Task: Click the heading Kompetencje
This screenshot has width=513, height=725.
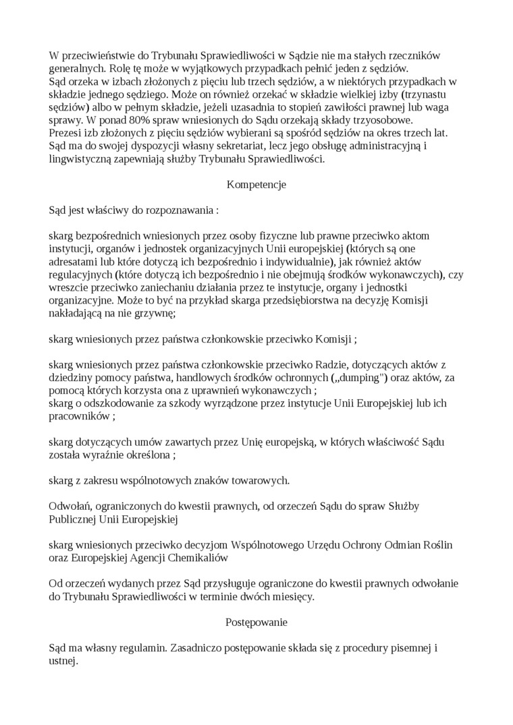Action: pyautogui.click(x=256, y=184)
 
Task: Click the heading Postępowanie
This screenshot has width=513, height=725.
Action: pyautogui.click(x=256, y=622)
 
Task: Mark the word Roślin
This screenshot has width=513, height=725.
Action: pyautogui.click(x=434, y=545)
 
